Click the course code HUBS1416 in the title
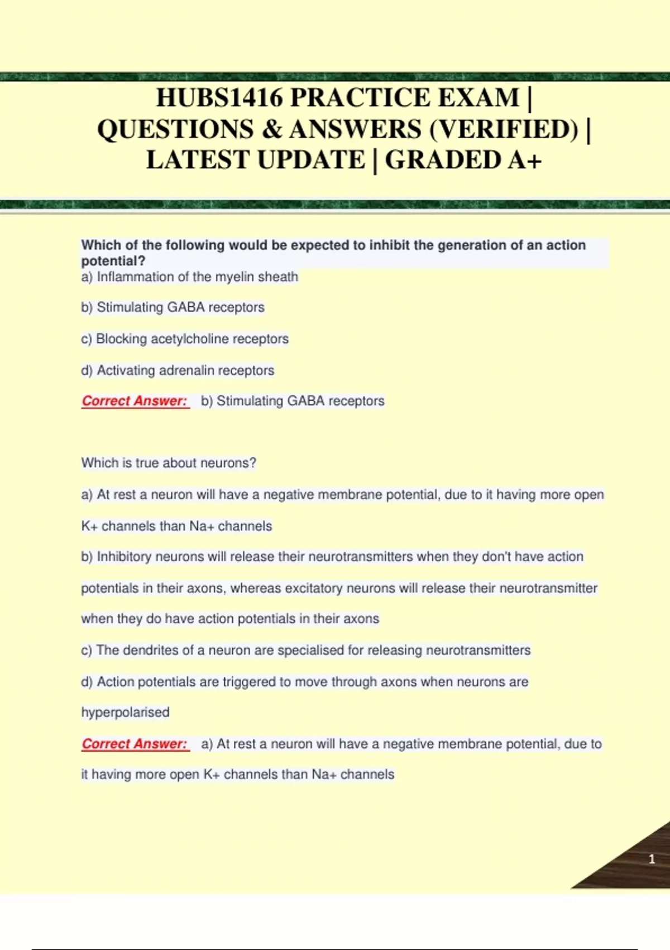coord(219,98)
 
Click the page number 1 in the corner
coord(652,859)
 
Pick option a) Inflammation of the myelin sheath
coord(190,277)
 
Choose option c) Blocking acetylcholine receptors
coord(185,339)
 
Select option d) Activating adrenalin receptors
coord(178,370)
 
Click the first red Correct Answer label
coord(135,401)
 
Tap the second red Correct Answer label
coord(135,744)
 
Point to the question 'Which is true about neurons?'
coord(169,463)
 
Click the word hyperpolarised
coord(125,712)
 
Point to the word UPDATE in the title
coord(311,160)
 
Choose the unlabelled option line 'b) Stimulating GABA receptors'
coord(173,307)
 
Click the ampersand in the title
coord(271,129)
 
